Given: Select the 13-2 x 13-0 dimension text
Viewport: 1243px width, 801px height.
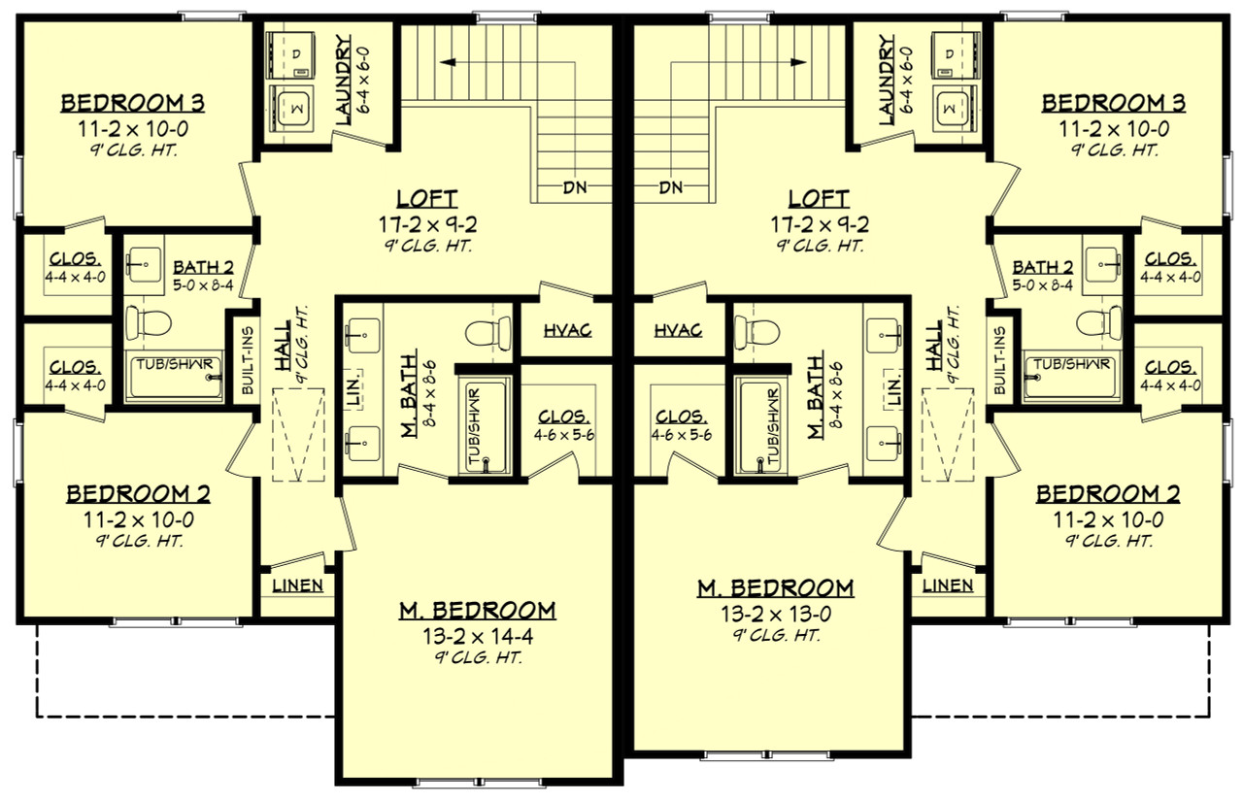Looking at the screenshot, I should pos(775,613).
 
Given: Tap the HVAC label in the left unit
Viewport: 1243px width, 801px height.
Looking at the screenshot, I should pos(568,330).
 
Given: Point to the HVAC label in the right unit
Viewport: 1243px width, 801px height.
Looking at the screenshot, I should pos(678,330).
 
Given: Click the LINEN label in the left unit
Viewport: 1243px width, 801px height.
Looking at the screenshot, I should pos(297,586).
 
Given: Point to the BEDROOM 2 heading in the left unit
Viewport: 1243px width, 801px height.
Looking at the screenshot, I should pos(138,494).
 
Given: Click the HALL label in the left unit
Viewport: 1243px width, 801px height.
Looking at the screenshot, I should pos(284,347).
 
